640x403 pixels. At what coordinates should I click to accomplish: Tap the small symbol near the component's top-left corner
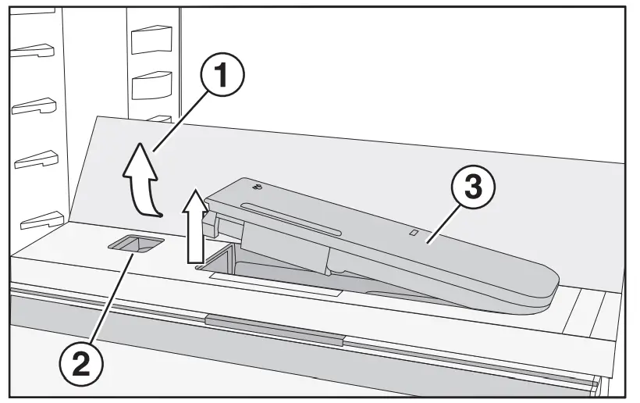258,186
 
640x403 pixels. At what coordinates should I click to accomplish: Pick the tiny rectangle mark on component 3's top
415,232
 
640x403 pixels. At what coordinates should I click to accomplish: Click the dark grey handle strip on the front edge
273,322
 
